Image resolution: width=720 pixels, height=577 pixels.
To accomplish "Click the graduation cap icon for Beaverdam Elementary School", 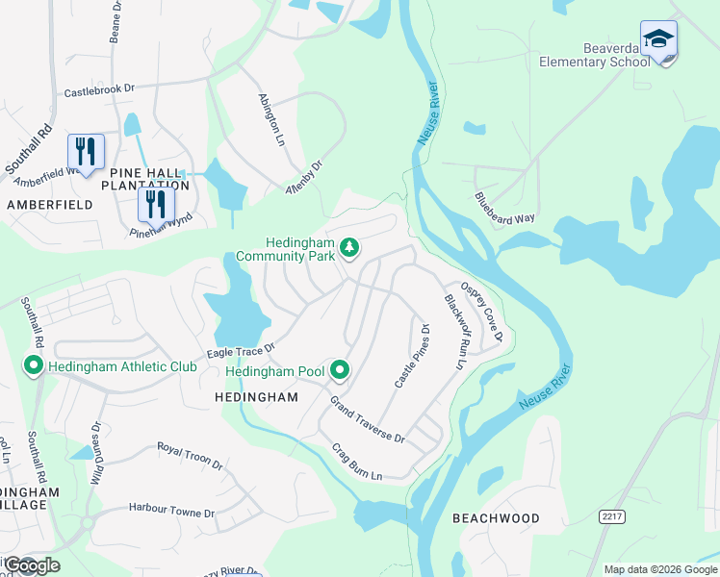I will click(659, 39).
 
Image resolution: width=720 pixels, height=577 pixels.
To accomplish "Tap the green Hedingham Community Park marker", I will click(350, 248).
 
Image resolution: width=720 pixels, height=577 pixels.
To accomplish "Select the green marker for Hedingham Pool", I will click(339, 369).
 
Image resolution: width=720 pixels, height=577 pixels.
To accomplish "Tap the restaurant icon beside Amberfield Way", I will click(86, 152).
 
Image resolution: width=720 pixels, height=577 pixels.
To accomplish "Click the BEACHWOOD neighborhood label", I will click(496, 518).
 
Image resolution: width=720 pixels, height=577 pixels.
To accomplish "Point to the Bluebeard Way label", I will click(504, 206).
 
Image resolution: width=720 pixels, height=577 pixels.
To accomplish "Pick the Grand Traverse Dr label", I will click(368, 418).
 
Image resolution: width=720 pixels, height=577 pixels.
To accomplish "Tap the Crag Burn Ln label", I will click(357, 462).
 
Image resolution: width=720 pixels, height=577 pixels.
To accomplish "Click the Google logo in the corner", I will click(31, 565).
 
